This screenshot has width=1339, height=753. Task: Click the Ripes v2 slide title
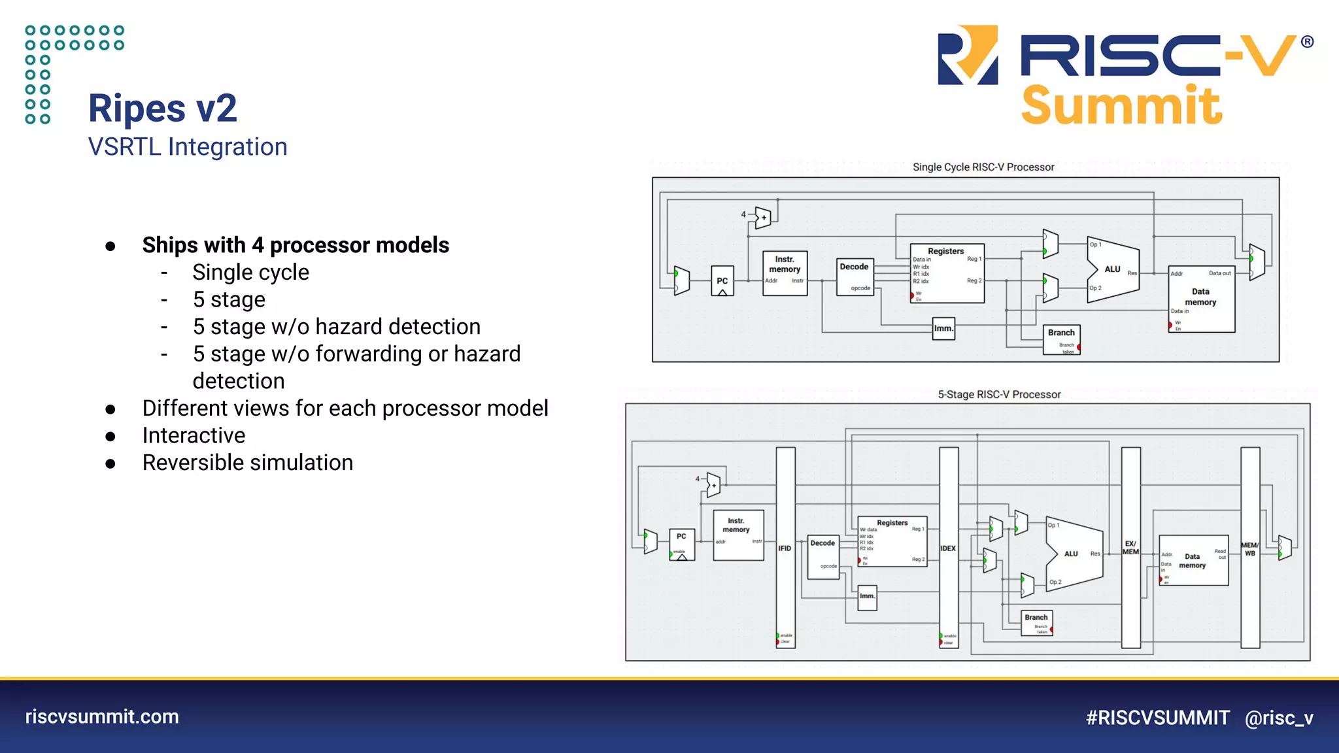162,108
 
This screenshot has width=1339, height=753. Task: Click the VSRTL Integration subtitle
188,147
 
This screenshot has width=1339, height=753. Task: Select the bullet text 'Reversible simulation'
247,463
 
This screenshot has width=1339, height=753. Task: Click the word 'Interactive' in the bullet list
194,435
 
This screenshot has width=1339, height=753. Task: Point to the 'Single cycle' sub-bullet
250,273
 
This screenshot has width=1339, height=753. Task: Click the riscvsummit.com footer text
102,716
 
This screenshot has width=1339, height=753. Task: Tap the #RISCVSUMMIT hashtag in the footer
1157,718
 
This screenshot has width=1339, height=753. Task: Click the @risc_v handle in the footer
1279,718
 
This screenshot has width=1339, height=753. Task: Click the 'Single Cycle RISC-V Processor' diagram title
983,167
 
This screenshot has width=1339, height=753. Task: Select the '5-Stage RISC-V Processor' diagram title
999,395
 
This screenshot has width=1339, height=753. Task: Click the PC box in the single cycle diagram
722,281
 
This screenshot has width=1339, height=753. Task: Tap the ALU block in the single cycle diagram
1112,269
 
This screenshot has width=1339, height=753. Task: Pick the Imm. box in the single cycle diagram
943,328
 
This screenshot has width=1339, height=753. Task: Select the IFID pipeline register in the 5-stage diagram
785,548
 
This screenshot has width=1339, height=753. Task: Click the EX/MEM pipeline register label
1130,548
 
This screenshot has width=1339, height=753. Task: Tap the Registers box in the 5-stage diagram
892,541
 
